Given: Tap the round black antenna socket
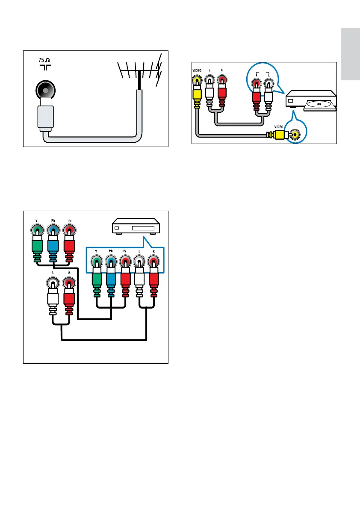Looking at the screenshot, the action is tap(45, 90).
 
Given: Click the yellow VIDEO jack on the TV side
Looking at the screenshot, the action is tap(197, 80).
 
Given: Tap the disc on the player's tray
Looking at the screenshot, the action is tap(317, 104).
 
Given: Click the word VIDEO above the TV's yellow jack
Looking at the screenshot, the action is tap(197, 70).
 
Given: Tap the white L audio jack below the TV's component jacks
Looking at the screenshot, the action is tap(53, 283).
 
